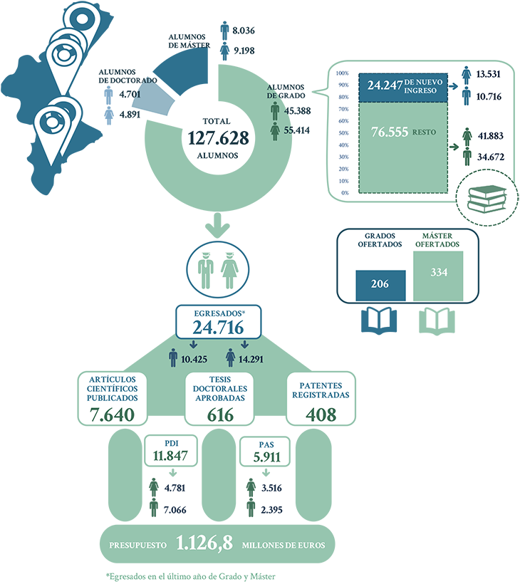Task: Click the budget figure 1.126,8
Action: pos(204,544)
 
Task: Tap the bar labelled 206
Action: pos(380,284)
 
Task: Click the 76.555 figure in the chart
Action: pos(388,132)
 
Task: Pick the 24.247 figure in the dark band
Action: pos(383,86)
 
